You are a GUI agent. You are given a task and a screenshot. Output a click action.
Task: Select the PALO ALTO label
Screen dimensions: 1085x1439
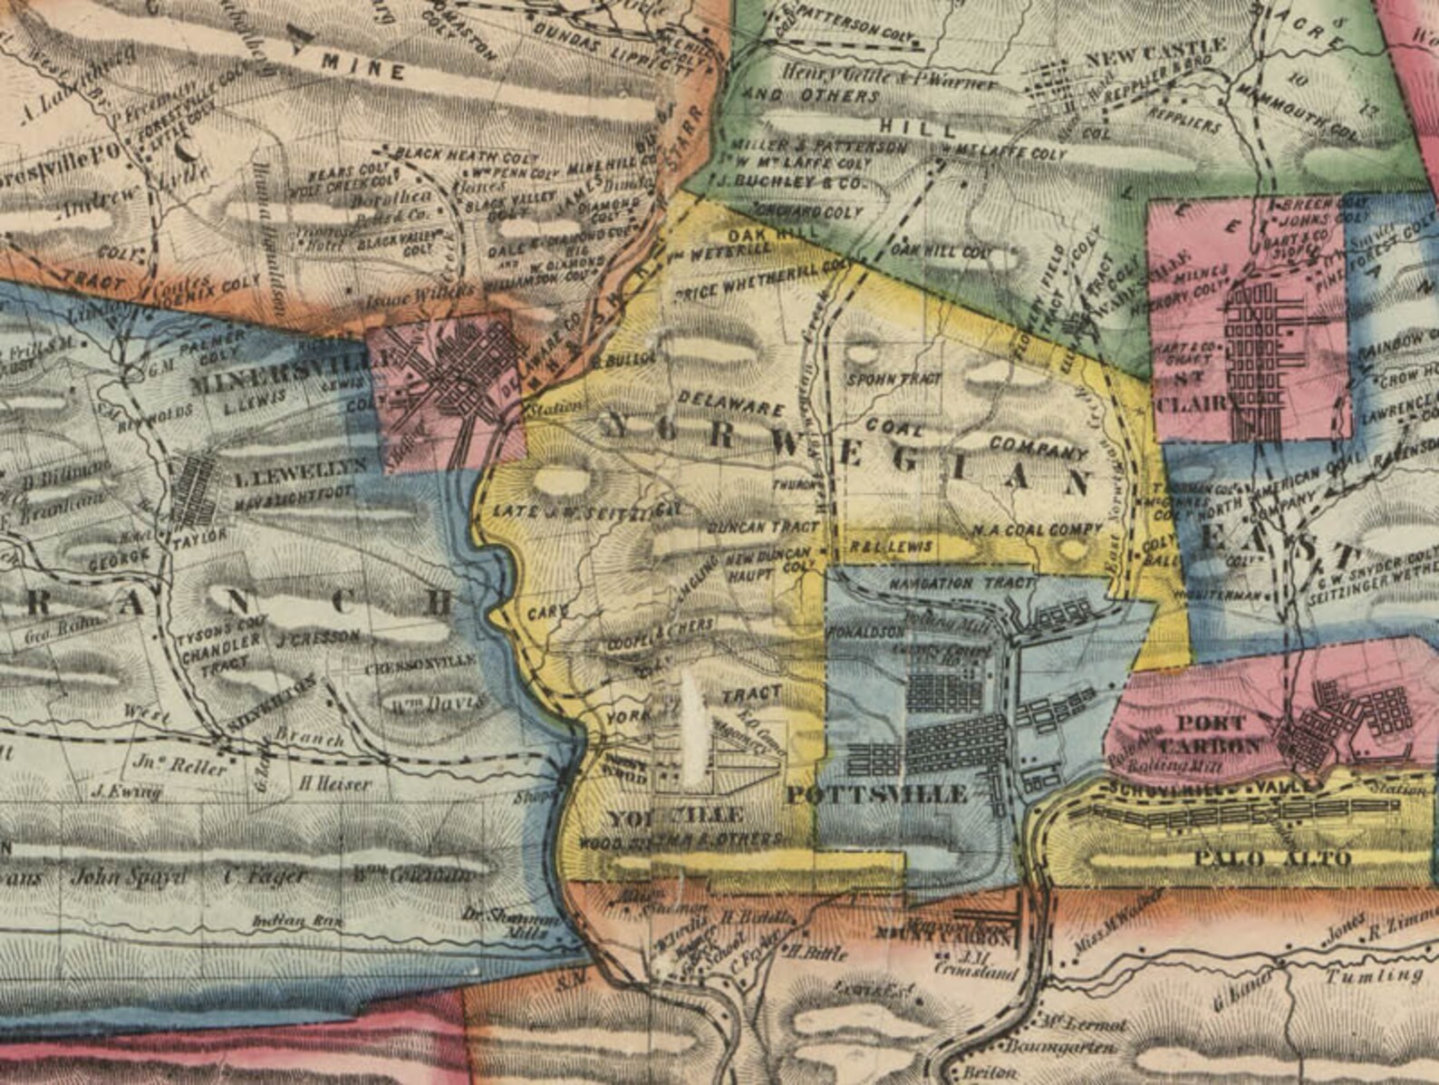[1271, 857]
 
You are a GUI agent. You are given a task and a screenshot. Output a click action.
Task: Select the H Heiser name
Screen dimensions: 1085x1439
[334, 784]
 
